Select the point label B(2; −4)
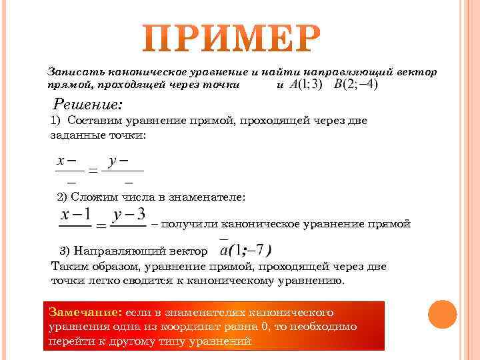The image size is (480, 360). click(355, 85)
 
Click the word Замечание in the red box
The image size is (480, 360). click(82, 312)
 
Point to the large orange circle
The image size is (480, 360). click(441, 313)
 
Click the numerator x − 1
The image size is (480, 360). click(75, 215)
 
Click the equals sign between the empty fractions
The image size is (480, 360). click(93, 170)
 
